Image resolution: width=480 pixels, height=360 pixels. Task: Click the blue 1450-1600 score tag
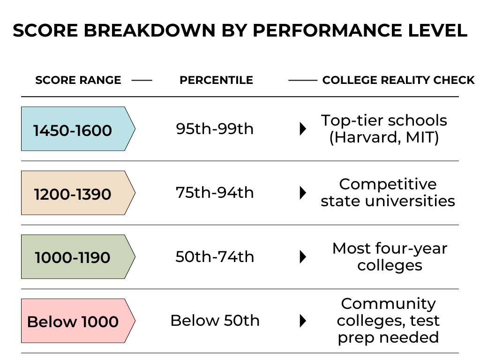(x=78, y=128)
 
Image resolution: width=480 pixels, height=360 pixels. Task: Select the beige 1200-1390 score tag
(x=78, y=193)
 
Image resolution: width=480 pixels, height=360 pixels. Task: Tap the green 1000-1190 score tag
(x=78, y=256)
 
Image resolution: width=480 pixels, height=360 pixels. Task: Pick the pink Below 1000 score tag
(x=78, y=321)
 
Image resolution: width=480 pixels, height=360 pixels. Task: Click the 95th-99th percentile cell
(x=215, y=129)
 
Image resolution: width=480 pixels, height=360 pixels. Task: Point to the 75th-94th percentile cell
(x=215, y=193)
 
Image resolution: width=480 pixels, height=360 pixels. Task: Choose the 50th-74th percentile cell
(x=215, y=257)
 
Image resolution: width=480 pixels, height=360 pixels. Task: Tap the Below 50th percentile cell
(x=215, y=321)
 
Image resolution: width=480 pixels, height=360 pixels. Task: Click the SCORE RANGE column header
(x=78, y=80)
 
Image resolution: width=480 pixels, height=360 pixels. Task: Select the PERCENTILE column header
(x=217, y=80)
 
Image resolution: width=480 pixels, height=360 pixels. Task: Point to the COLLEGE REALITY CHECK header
(x=398, y=80)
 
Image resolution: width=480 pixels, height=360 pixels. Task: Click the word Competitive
(x=388, y=185)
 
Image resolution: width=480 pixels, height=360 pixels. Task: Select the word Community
(x=389, y=304)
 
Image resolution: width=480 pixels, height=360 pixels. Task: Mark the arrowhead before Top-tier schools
(x=303, y=129)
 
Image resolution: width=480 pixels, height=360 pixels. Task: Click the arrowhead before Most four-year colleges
(x=303, y=257)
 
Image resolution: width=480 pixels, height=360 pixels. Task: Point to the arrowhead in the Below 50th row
(x=303, y=321)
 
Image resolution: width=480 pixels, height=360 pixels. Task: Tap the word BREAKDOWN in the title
(x=150, y=30)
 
